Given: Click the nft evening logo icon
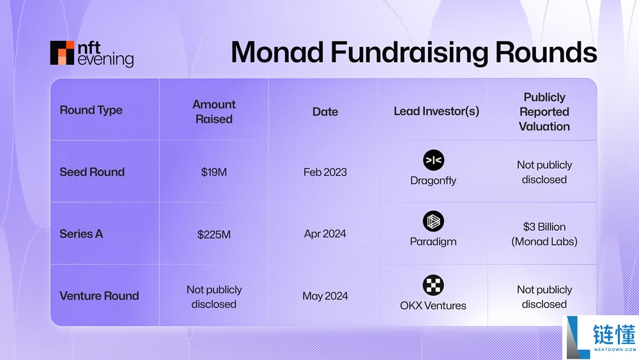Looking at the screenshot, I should pos(63,53).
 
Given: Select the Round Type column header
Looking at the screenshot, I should pos(91,110).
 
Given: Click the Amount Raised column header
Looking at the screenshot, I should pos(213,111).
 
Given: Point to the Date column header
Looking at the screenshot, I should pos(325,111).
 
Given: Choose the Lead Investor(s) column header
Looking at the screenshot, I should pos(436,111).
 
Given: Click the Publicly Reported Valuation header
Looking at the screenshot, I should pos(544,111).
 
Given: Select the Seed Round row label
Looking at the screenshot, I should pos(92,172).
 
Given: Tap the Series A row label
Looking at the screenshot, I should pos(81,234).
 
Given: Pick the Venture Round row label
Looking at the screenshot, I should pos(99,295).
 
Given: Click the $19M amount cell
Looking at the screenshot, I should pos(213,172).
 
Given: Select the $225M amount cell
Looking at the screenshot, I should pos(213,234).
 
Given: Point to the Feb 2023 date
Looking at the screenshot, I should pos(325,172).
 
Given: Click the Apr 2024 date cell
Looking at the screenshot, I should pos(325,234).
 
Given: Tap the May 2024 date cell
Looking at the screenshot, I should pos(325,295).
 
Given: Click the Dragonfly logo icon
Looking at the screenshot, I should pos(433,160).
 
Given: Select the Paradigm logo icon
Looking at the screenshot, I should pos(433,222).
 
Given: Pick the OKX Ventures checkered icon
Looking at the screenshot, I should pos(433,285).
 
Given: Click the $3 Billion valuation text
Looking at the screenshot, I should pos(544,227).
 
